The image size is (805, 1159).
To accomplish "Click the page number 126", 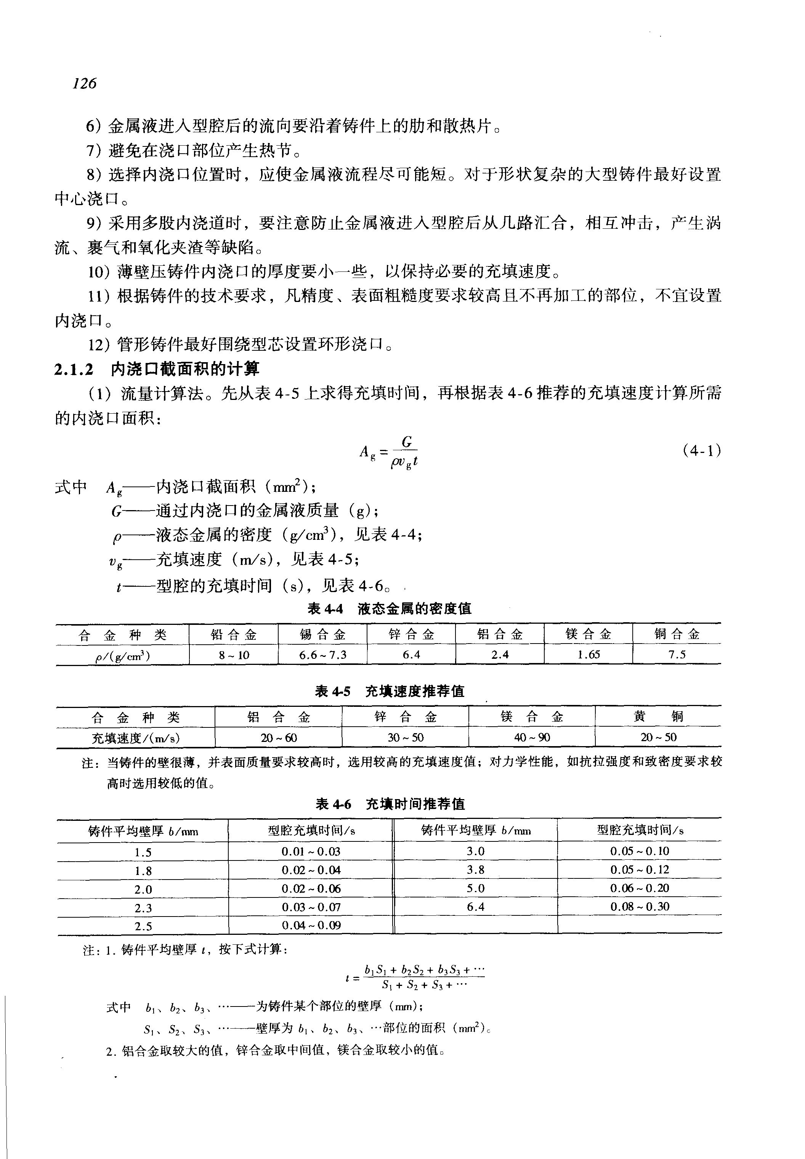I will point(84,83).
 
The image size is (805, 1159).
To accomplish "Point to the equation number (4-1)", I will point(701,450).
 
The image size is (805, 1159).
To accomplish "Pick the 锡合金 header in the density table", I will point(322,634).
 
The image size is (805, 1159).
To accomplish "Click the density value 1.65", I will point(588,655).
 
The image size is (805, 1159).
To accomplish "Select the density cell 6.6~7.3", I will point(322,655).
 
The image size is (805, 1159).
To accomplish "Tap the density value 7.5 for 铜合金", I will point(677,655).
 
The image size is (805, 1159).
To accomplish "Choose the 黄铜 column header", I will point(658,716).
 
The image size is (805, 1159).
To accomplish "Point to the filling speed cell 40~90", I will point(532,737).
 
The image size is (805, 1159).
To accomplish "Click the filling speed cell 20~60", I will point(278,737).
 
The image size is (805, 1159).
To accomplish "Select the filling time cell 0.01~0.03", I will point(311,852).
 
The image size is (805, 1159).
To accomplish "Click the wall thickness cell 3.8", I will point(475,870).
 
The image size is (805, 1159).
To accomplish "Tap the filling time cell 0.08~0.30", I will point(640,907).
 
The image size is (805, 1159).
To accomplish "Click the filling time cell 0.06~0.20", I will point(640,888).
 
